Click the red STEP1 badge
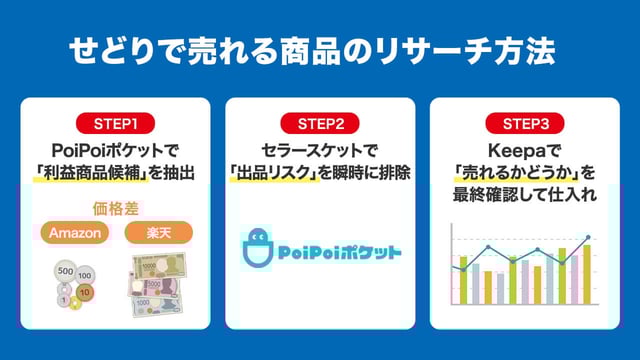(115, 124)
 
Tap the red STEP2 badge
(320, 124)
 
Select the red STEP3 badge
(524, 124)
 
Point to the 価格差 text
(115, 210)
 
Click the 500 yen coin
(65, 270)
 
